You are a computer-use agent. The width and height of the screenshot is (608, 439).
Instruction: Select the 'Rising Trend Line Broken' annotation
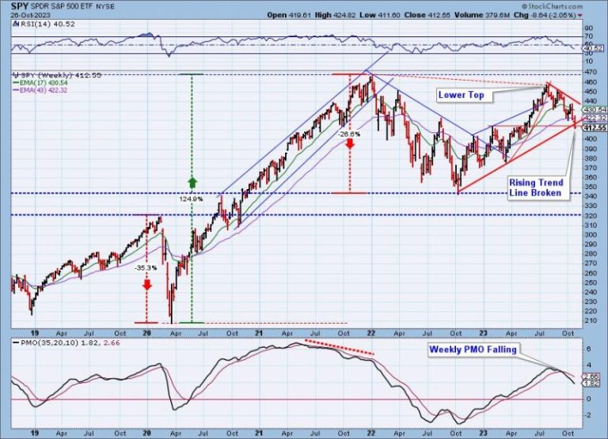pyautogui.click(x=535, y=187)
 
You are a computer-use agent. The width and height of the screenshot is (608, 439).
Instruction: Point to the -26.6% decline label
pyautogui.click(x=350, y=134)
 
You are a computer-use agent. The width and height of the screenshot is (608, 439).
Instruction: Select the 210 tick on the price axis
pyautogui.click(x=590, y=320)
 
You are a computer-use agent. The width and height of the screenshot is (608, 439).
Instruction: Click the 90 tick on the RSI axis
pyautogui.click(x=588, y=28)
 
